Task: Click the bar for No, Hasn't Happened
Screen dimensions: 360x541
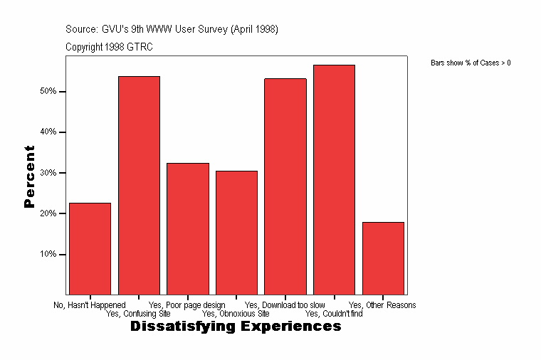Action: (90, 248)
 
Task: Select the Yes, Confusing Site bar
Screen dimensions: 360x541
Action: (139, 185)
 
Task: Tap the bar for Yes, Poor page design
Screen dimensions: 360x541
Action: (188, 228)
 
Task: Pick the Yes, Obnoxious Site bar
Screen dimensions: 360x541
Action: (236, 233)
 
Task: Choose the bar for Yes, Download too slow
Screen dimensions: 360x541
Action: (285, 186)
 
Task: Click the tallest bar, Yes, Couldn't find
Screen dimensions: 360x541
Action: (334, 179)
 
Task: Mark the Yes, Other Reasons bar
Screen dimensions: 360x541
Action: (383, 258)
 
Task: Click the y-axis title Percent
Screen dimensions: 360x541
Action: (29, 176)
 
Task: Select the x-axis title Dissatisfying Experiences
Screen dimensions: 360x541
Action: (236, 327)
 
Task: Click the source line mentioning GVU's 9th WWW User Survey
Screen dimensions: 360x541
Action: (172, 30)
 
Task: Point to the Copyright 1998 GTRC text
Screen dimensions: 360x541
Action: (109, 47)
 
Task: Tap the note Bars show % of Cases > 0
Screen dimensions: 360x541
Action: (471, 63)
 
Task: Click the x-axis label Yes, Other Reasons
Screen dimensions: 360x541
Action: (382, 305)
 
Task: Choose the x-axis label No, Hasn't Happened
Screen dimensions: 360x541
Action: (90, 305)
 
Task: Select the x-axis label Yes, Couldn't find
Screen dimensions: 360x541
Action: (334, 313)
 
